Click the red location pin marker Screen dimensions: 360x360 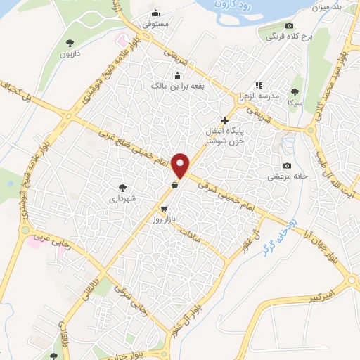[181, 165]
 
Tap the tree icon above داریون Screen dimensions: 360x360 [69, 44]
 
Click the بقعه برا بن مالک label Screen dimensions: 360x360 [178, 86]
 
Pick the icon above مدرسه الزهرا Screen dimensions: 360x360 [259, 84]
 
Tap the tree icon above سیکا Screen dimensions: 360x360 [295, 92]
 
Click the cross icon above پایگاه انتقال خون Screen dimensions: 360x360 [224, 120]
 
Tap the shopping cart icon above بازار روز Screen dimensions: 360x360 [163, 209]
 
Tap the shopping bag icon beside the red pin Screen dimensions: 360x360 [174, 186]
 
